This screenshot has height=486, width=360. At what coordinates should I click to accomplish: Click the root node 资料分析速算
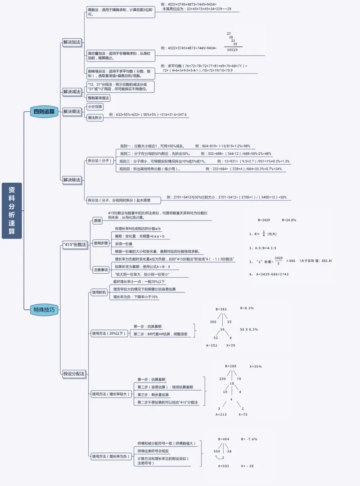12,210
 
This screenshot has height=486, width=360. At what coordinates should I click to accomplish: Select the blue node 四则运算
44,112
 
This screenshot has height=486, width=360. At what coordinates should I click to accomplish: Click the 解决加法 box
72,42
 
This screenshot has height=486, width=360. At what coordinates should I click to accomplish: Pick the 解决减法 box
72,91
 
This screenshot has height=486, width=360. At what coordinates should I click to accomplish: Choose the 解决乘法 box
72,112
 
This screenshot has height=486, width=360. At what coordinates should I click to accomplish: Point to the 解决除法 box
72,180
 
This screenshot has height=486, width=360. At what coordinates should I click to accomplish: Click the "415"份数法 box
75,244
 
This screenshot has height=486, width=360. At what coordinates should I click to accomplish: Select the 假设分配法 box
74,373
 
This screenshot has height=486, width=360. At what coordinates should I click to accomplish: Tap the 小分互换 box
95,107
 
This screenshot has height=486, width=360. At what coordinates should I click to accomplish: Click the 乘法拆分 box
95,117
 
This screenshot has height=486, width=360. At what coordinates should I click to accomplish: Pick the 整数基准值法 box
99,98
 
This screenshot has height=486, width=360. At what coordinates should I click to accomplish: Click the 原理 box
97,220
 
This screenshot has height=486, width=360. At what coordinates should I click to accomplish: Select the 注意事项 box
100,270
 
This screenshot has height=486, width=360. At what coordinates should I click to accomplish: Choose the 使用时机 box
99,292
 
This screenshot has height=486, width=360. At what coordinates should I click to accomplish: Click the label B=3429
264,220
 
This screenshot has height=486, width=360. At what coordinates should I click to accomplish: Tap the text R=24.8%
289,220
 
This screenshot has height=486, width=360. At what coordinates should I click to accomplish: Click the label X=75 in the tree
243,414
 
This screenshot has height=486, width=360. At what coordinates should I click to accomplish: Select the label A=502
224,466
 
